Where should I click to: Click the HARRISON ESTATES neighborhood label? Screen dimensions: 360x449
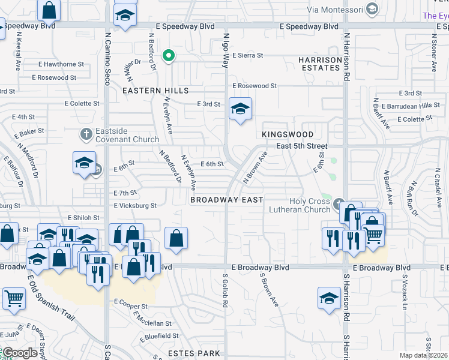point(320,64)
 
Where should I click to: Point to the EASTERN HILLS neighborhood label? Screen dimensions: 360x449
point(155,91)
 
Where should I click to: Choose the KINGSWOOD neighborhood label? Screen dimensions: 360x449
point(288,134)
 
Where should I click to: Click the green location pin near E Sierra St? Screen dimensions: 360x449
point(169,57)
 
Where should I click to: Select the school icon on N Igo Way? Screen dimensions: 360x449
point(240,109)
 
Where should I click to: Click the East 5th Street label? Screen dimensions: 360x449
point(302,146)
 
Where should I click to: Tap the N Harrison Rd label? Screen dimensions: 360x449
point(346,57)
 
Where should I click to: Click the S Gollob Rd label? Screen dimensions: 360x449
point(226,292)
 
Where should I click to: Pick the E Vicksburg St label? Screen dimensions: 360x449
point(135,205)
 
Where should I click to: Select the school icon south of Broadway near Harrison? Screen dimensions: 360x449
point(329,298)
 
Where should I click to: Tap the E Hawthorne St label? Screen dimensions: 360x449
point(61,64)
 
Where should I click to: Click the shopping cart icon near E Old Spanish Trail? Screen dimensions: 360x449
point(13,298)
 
